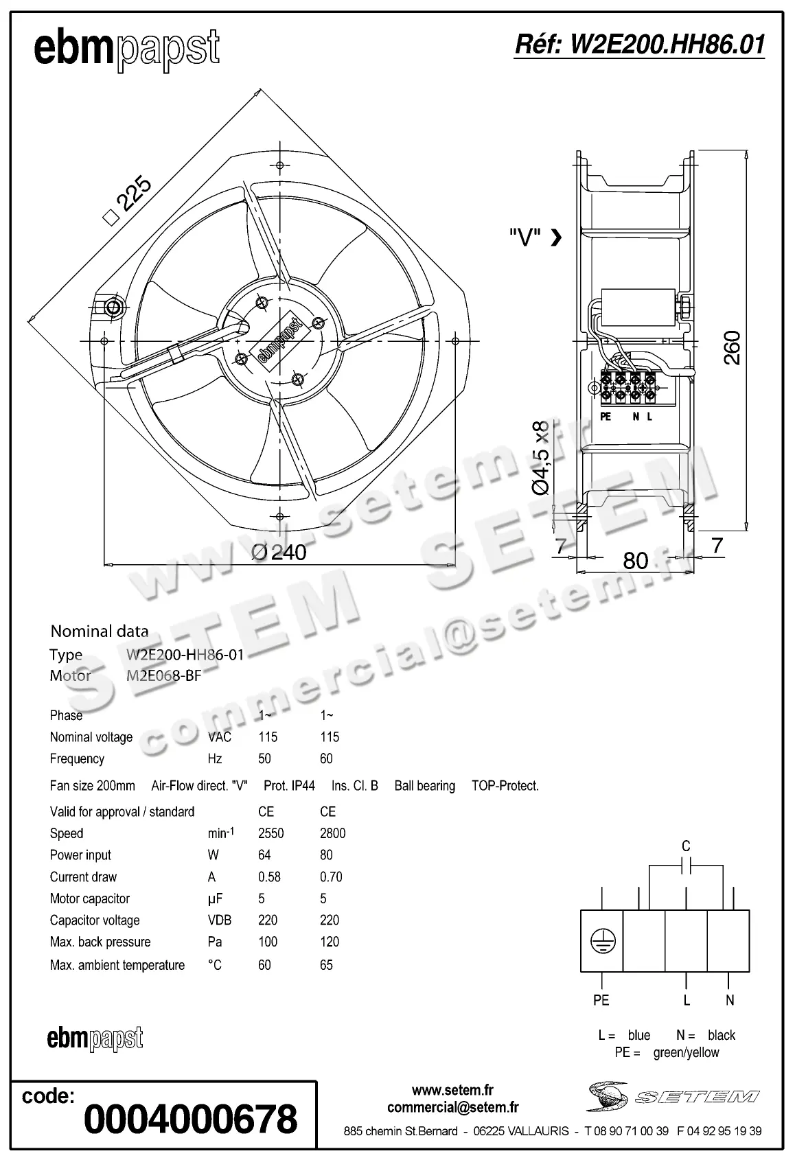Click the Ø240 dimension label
click(279, 551)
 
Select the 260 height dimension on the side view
click(732, 347)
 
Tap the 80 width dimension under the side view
click(635, 561)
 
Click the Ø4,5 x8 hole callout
click(542, 457)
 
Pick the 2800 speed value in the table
click(332, 833)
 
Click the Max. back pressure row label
click(100, 942)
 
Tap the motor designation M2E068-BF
click(164, 675)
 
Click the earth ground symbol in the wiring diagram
click(602, 941)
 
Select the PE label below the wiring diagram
click(601, 1000)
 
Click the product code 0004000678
click(190, 1119)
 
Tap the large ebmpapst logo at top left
click(126, 49)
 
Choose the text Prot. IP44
click(289, 785)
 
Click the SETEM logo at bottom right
click(673, 1096)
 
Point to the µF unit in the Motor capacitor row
click(215, 898)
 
